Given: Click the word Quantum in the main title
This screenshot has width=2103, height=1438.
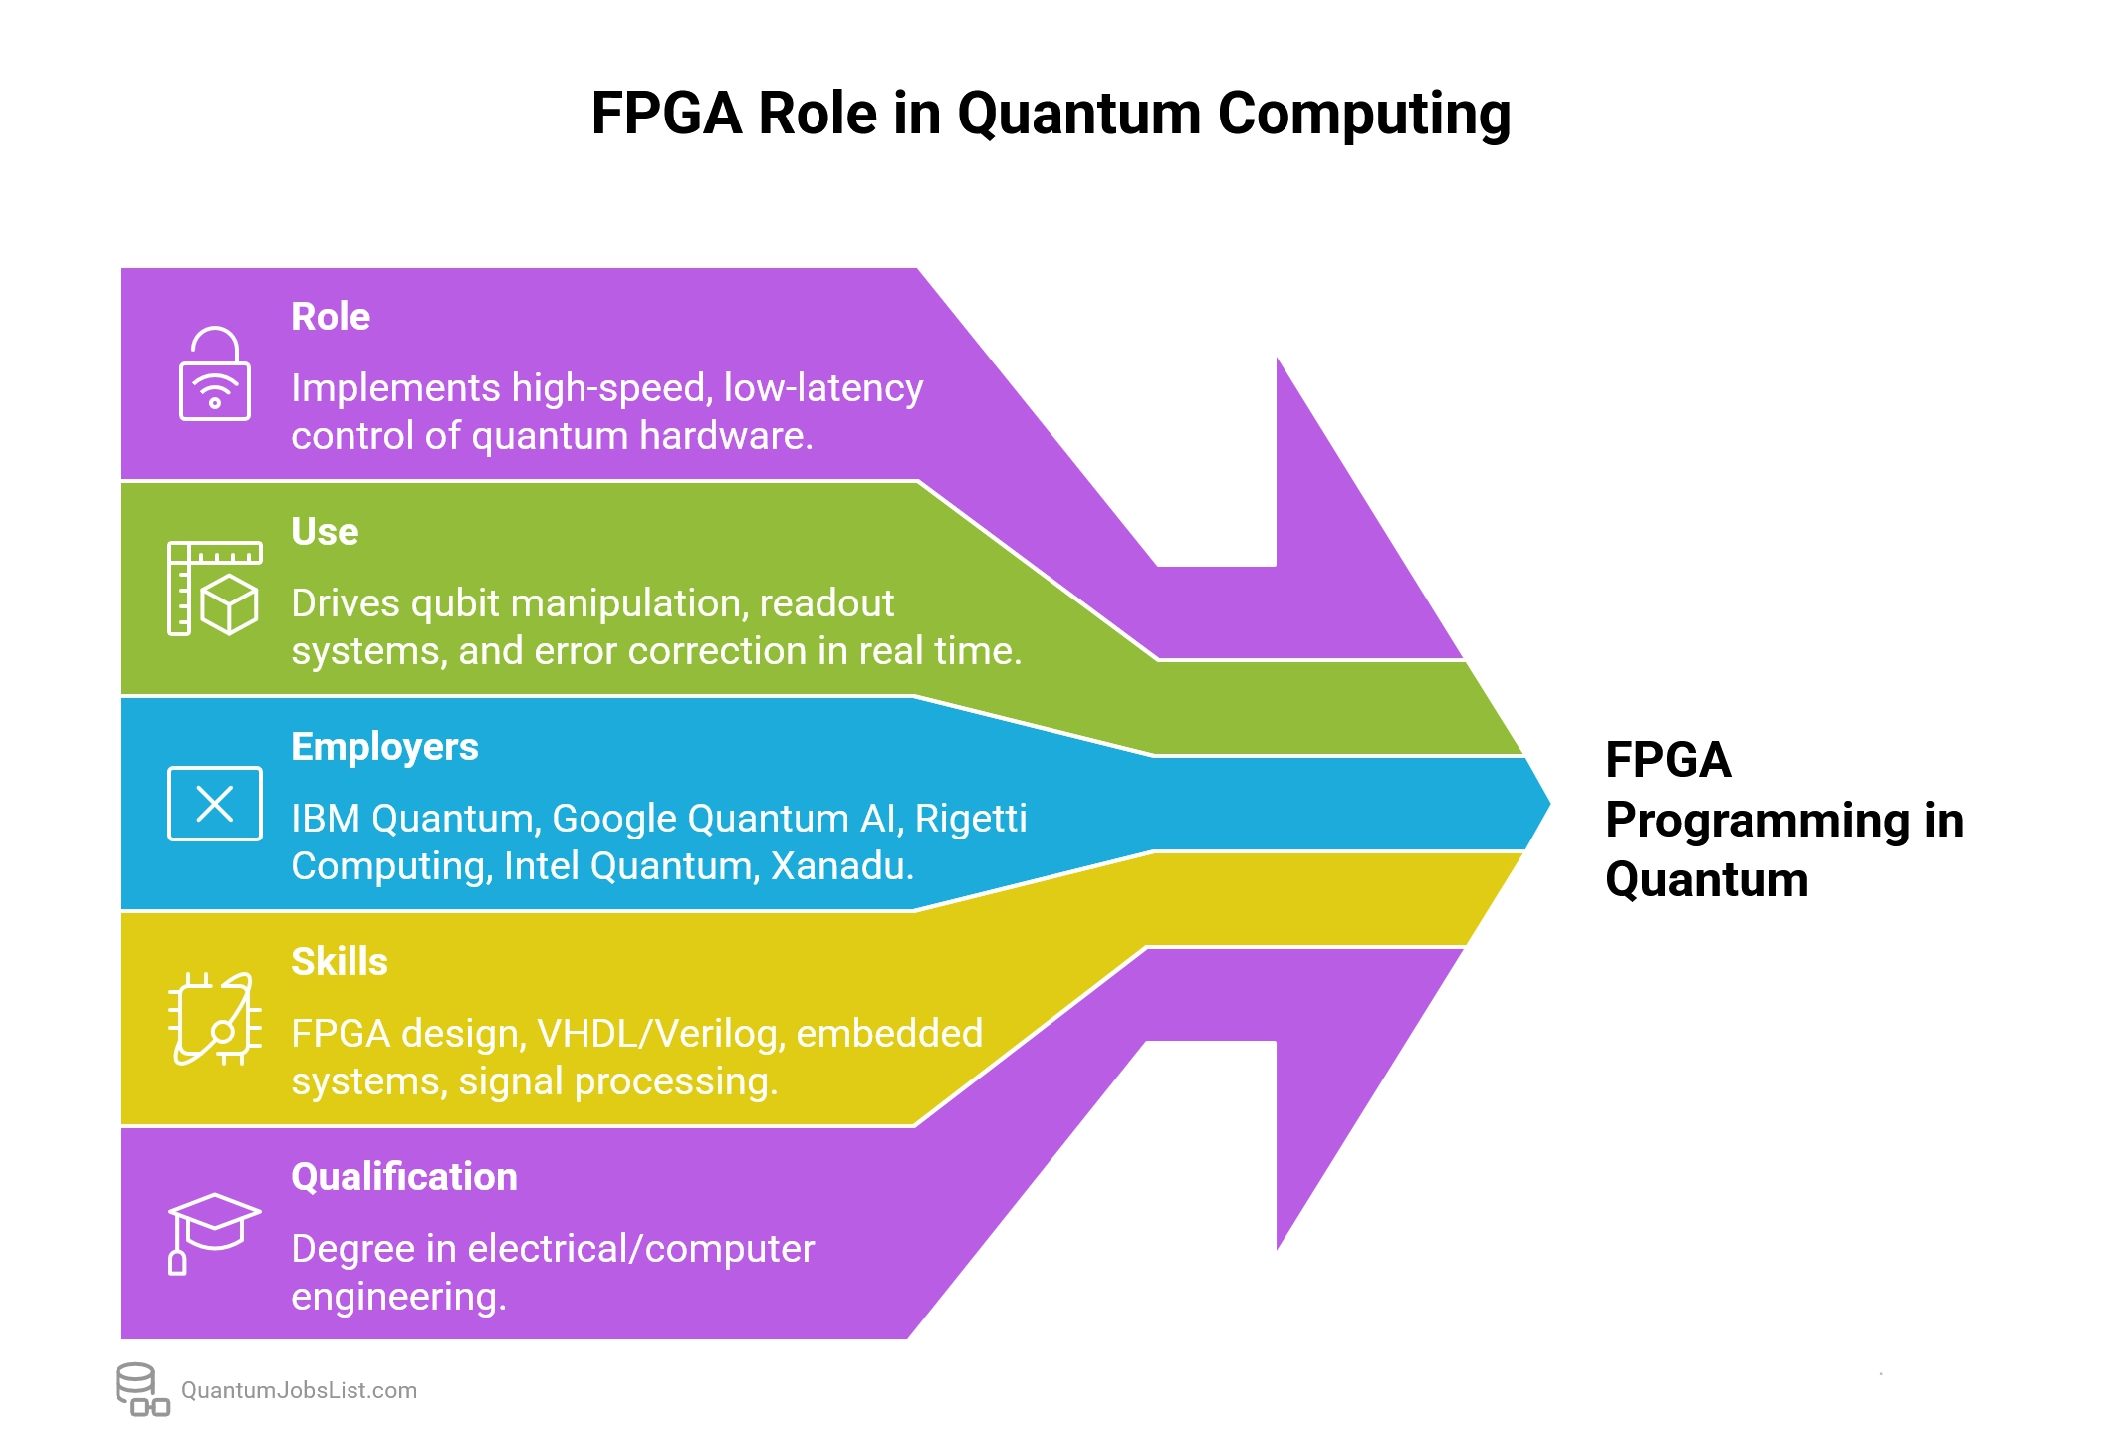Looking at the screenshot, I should (1078, 114).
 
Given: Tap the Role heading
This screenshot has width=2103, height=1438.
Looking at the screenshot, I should (331, 317).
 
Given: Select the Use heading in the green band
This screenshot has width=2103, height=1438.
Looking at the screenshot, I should (325, 532).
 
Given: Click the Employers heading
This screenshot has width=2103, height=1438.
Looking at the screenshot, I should (384, 747).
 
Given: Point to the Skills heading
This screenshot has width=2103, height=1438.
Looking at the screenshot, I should (340, 962).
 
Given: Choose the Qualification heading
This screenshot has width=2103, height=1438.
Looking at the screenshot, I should (404, 1177).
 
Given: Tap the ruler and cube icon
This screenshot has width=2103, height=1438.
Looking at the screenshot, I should (214, 589).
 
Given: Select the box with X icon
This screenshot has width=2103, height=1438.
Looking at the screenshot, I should (214, 804).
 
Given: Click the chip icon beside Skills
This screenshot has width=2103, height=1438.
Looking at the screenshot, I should (214, 1019).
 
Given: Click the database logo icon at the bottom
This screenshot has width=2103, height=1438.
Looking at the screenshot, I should (141, 1389).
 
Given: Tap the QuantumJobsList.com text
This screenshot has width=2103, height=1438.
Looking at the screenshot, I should (299, 1391).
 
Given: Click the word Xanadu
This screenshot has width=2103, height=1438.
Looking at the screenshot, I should (841, 866).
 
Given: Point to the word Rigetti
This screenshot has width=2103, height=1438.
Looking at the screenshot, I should (971, 819).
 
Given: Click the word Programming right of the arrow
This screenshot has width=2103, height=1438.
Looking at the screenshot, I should (1757, 821).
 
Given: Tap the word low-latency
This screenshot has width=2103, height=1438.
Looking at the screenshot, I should (823, 388).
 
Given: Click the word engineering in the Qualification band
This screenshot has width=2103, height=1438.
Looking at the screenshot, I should (398, 1297).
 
